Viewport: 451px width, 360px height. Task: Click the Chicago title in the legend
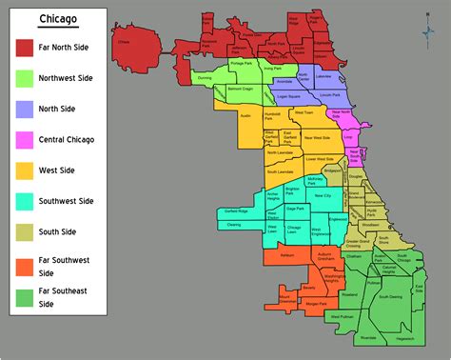[x=58, y=21]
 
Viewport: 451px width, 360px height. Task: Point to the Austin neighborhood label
[x=244, y=114]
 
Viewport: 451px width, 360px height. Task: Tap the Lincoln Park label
[x=330, y=96]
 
